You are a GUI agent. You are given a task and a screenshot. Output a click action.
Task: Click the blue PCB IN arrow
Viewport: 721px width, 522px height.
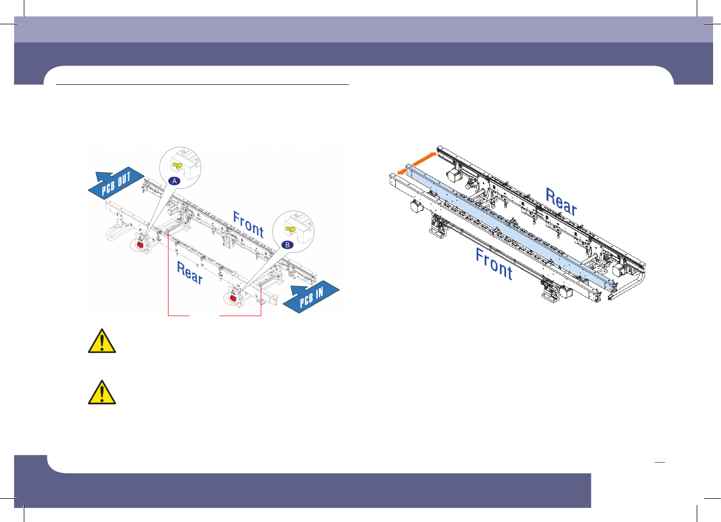[x=310, y=296]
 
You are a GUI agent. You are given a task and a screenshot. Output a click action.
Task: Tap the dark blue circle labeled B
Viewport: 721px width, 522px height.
[x=287, y=245]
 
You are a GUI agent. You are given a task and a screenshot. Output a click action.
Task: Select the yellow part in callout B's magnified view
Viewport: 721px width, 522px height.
[x=291, y=229]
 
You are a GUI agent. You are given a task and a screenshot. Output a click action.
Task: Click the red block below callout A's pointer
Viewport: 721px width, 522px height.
[x=140, y=244]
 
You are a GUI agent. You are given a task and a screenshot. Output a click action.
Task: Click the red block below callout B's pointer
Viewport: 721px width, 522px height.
[x=232, y=298]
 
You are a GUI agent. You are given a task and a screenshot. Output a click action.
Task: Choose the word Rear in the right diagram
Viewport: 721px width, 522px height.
[x=561, y=202]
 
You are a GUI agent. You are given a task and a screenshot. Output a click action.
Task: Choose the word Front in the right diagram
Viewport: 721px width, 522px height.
[x=494, y=265]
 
